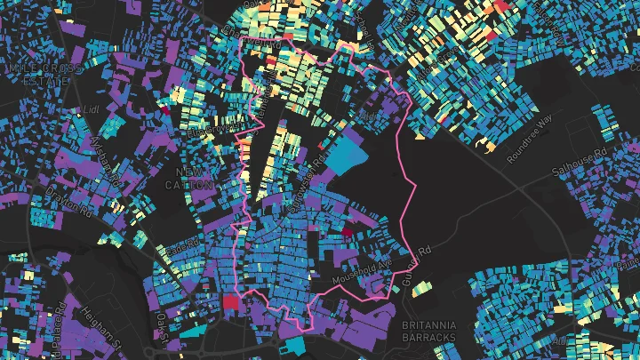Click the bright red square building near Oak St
click(x=231, y=301)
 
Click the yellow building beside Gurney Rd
click(x=421, y=286)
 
